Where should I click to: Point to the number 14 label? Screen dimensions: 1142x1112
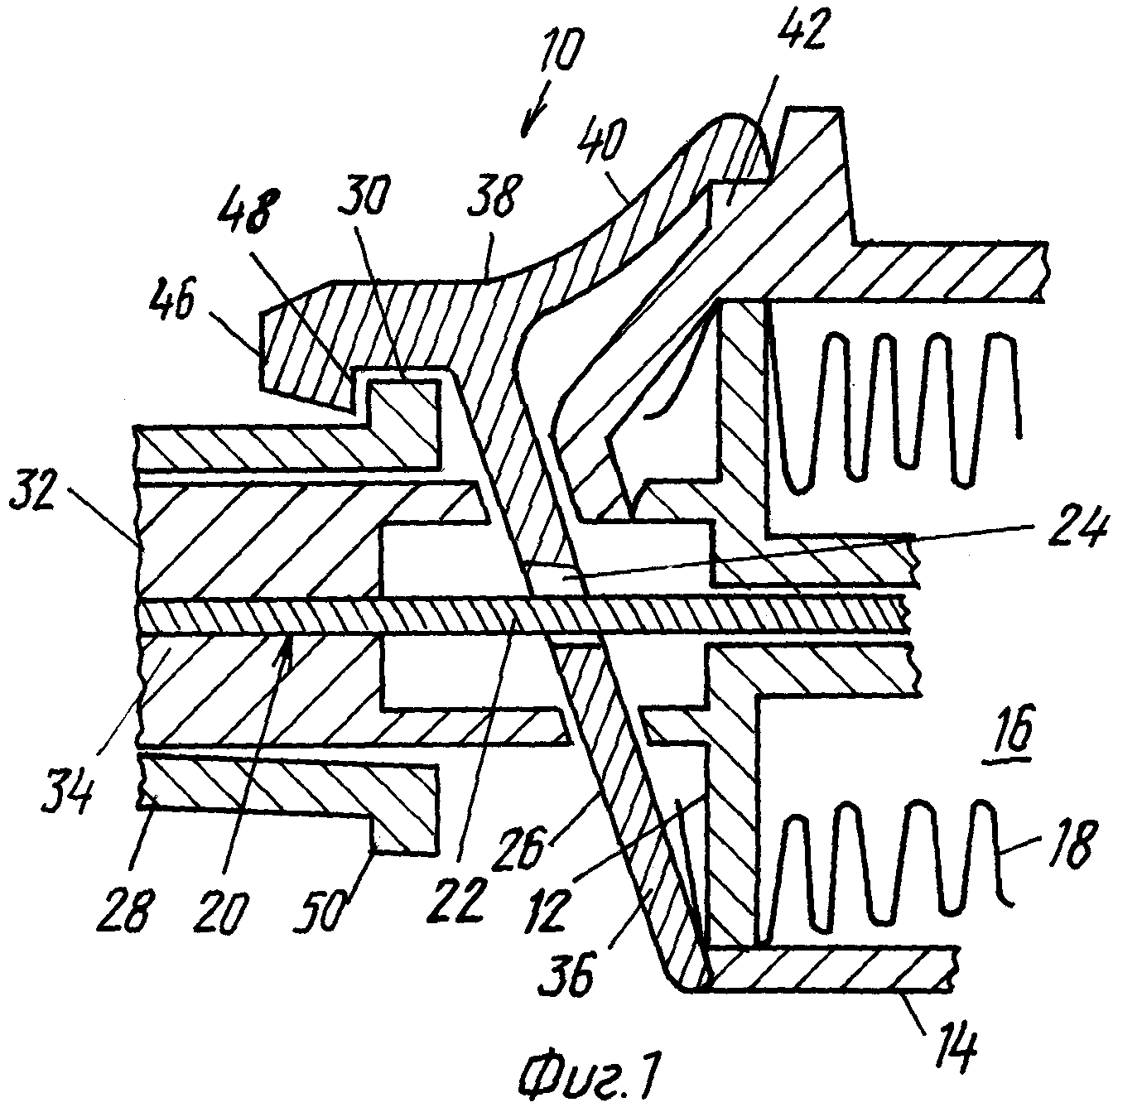pyautogui.click(x=956, y=1048)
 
